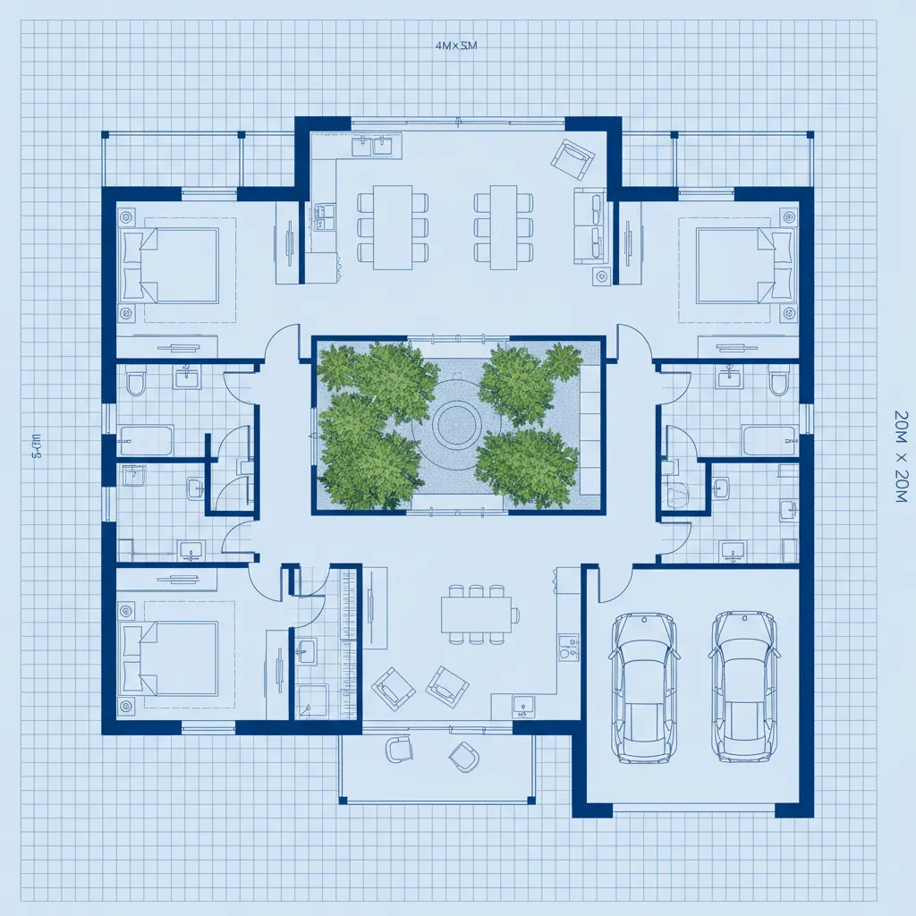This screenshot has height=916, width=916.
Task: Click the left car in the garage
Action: pos(644,687)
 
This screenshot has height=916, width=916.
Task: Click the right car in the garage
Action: pos(742,687)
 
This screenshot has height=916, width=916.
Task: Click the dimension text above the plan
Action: pos(454,47)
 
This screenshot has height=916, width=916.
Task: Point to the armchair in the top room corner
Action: pos(572,159)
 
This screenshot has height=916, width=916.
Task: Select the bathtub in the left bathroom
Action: pos(146,440)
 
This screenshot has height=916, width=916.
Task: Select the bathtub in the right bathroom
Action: pos(770,440)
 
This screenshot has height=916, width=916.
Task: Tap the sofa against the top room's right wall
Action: pos(590,225)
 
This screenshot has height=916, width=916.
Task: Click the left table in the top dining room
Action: pos(393,226)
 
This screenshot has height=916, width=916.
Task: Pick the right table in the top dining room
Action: pos(503,226)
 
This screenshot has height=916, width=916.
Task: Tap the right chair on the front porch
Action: pos(464,757)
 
